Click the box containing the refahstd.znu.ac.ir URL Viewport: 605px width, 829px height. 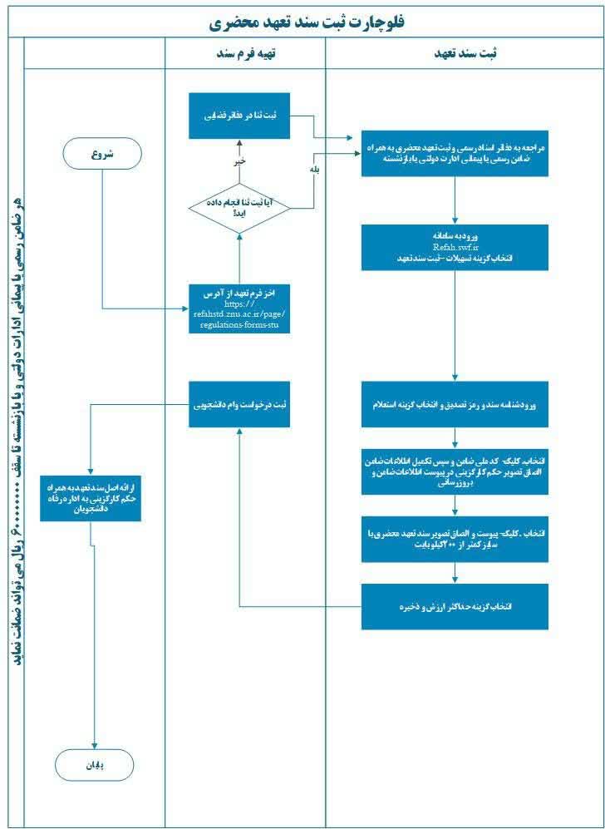tap(239, 308)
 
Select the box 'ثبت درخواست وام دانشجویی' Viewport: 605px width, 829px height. tap(239, 405)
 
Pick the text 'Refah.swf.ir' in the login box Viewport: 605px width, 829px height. tap(455, 247)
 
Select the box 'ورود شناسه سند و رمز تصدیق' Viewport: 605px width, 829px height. tap(455, 405)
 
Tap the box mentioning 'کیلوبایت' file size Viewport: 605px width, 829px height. tap(455, 539)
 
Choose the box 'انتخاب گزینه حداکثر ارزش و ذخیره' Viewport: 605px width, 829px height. tap(455, 606)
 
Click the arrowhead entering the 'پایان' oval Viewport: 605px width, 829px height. tap(96, 746)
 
